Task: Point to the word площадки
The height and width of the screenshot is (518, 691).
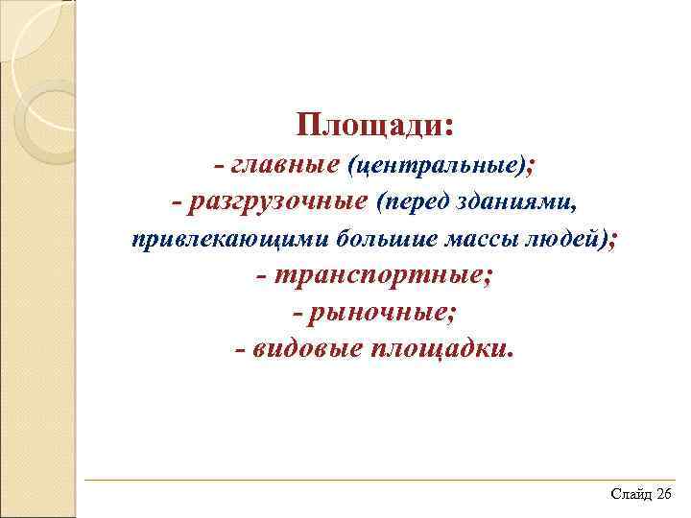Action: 440,348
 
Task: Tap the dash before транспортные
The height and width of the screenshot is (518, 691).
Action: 263,276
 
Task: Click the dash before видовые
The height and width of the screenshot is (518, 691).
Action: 240,348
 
